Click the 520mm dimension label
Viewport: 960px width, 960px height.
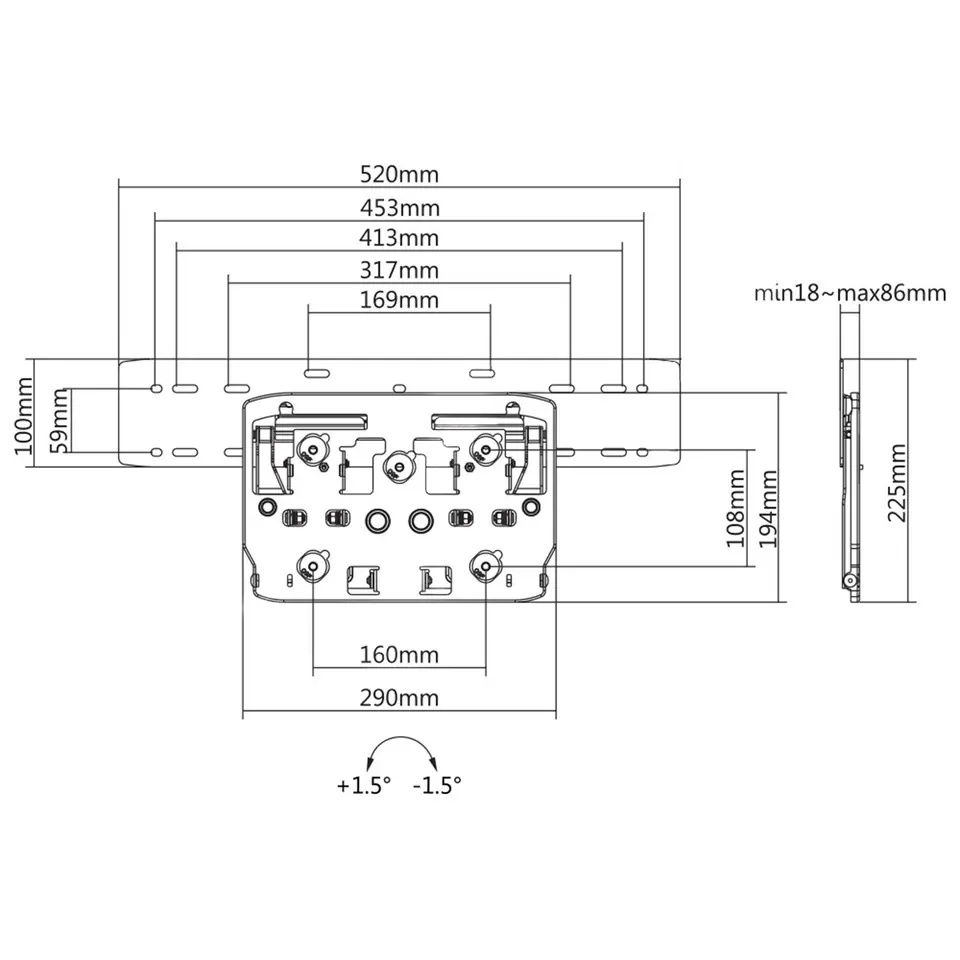399,174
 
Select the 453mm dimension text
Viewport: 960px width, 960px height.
399,207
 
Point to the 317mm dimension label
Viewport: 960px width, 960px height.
399,269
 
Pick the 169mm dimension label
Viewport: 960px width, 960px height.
399,299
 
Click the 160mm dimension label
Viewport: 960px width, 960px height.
399,655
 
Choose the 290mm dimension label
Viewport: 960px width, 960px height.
399,697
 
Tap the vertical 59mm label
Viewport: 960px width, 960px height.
60,422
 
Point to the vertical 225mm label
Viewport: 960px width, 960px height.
897,485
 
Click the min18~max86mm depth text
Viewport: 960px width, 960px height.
850,293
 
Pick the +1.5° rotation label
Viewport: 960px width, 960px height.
362,786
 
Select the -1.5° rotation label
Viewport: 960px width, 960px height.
437,786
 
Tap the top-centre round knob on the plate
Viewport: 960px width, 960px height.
400,463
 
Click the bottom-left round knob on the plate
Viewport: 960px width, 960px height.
313,566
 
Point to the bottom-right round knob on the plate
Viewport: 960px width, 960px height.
485,566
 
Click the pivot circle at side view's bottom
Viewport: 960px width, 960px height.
850,580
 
